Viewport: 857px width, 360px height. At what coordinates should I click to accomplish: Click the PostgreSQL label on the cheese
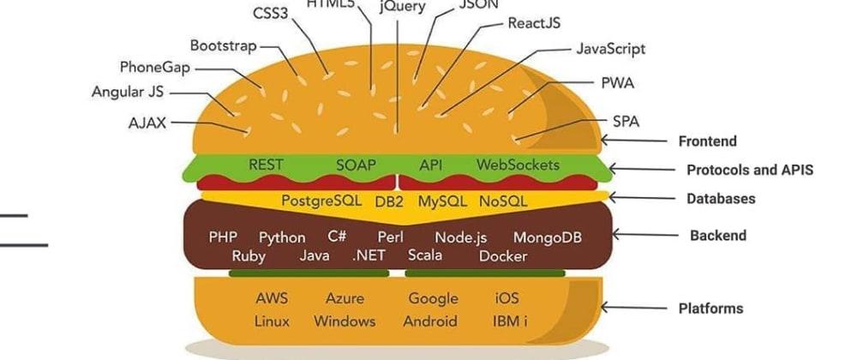[x=321, y=201]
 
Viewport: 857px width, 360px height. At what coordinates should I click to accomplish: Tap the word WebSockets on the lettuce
[x=518, y=165]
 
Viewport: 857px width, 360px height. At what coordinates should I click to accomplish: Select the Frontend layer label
[x=707, y=141]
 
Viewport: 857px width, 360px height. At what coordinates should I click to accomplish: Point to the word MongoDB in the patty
[x=547, y=237]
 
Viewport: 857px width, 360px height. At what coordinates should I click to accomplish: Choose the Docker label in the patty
[x=503, y=256]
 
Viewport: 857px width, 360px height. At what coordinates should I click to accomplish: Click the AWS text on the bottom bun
[x=272, y=299]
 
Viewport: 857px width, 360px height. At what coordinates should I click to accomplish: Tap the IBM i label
[x=510, y=321]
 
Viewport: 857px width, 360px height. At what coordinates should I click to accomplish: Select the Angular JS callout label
[x=128, y=92]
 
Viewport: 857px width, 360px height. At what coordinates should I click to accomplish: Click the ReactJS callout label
[x=534, y=23]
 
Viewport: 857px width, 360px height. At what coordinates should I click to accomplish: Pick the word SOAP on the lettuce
[x=356, y=165]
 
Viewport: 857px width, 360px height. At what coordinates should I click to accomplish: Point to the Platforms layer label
[x=710, y=309]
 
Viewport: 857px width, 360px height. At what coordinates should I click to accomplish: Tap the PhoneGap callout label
[x=155, y=67]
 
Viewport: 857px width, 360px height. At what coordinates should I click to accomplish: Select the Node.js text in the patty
[x=461, y=238]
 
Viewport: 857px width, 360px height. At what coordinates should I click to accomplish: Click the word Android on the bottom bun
[x=430, y=321]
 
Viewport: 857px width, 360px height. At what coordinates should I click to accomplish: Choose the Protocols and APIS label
[x=750, y=170]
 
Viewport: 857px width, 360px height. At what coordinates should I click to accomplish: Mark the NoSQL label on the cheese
[x=503, y=201]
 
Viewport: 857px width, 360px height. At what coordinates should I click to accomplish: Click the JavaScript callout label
[x=611, y=49]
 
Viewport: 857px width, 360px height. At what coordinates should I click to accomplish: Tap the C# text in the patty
[x=337, y=237]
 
